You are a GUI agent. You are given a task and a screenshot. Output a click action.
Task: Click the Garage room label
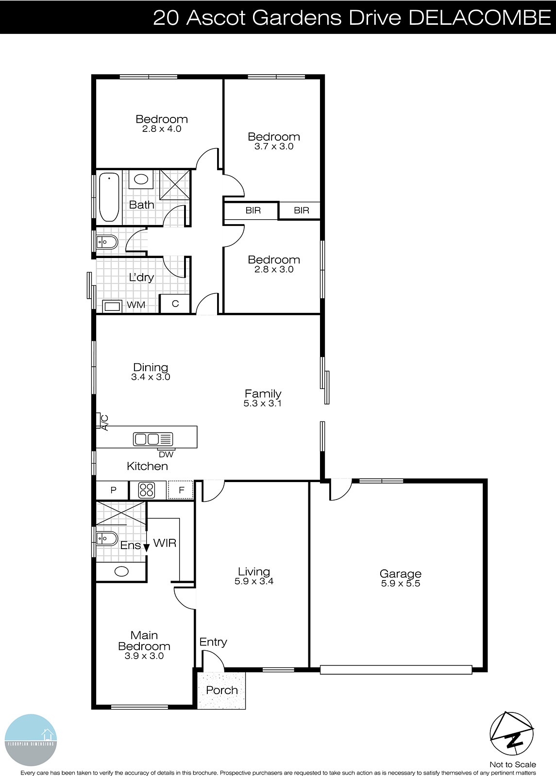[400, 574]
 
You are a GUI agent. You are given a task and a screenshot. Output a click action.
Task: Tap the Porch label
[222, 690]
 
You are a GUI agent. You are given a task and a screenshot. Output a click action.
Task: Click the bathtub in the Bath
[109, 196]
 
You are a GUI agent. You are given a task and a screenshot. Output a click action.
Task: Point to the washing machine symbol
[112, 306]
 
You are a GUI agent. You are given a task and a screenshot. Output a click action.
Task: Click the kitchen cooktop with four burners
[146, 490]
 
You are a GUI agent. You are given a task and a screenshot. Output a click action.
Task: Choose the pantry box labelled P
[113, 490]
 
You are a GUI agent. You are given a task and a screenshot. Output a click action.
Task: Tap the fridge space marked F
[181, 490]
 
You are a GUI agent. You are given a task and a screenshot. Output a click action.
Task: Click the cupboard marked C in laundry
[175, 304]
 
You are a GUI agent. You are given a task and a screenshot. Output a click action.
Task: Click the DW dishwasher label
[166, 454]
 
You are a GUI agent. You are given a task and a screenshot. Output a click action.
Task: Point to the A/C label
[104, 422]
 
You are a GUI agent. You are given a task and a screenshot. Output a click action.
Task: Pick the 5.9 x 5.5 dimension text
[400, 583]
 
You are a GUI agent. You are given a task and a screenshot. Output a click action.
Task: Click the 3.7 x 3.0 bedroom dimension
[274, 146]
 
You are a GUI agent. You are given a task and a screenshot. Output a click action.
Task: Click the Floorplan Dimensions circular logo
[31, 740]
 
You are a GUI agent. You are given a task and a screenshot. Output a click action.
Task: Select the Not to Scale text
[512, 764]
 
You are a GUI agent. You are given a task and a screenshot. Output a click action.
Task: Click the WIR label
[165, 543]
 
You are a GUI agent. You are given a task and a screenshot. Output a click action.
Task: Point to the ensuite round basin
[121, 571]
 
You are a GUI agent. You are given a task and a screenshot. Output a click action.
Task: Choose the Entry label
[213, 642]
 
